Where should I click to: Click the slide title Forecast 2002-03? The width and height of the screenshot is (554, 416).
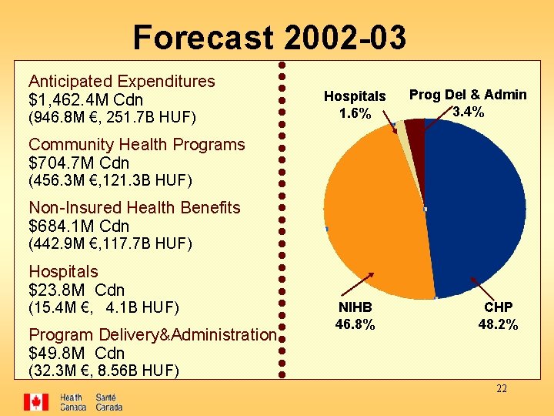point(269,37)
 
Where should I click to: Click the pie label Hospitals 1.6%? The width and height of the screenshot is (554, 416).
point(355,105)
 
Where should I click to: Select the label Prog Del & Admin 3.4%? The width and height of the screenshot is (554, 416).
point(468,102)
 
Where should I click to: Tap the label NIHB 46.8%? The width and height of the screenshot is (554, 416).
point(355,315)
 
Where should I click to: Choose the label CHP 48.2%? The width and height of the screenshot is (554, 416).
point(498,315)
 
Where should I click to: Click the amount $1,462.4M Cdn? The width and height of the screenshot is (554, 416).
point(85,100)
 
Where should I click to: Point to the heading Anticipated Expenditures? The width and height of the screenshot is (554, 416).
point(122,81)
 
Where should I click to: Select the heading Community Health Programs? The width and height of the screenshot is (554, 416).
point(136,145)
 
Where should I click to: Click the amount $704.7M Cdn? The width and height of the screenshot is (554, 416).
point(78,163)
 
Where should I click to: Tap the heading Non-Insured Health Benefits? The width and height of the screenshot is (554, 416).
point(134,208)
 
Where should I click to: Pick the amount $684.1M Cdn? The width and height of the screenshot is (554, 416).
point(78,226)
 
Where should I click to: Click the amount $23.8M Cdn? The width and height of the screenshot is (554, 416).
point(76,290)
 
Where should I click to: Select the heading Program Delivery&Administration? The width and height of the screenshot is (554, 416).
point(152,335)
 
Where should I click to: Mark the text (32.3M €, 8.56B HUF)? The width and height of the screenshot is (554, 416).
point(103,371)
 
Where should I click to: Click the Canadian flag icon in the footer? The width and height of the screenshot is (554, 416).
point(35,402)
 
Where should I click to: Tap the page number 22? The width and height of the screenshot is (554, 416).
point(501,389)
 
